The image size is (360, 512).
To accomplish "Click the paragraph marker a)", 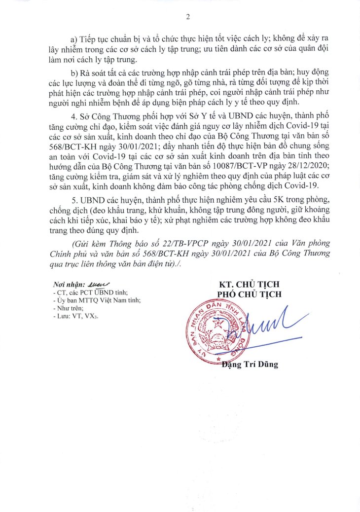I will [75, 38].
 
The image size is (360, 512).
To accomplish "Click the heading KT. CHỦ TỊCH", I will [250, 285].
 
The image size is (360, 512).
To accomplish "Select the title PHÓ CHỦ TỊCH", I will [250, 294].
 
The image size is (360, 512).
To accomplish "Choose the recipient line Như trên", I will [66, 308].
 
